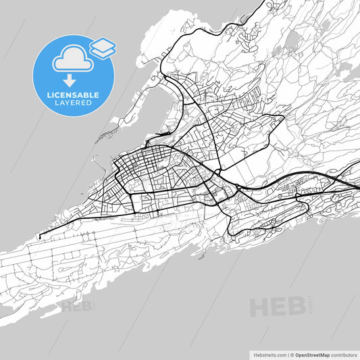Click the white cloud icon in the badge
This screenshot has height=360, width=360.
click(x=71, y=59)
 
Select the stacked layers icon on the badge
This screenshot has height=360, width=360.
click(x=103, y=47)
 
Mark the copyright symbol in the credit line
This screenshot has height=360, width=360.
click(x=291, y=354)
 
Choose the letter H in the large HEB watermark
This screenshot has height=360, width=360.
click(x=260, y=307)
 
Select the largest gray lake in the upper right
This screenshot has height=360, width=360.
click(x=291, y=42)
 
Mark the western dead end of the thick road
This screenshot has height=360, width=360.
click(x=38, y=237)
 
